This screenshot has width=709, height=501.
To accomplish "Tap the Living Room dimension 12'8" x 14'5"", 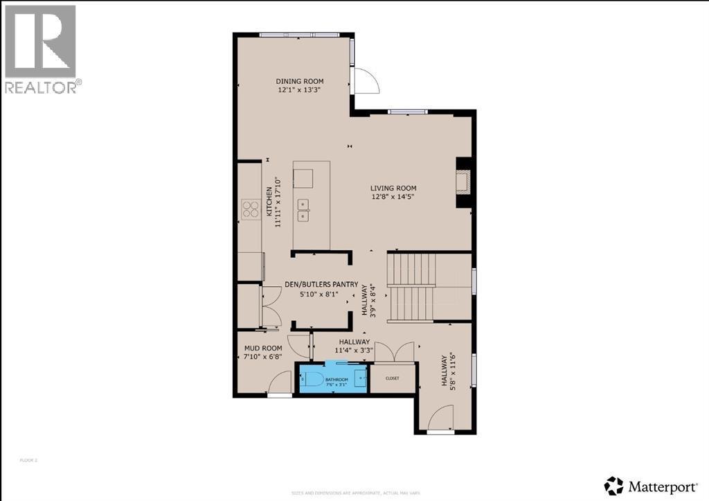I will click(x=393, y=197).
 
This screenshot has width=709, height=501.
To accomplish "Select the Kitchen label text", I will click(x=271, y=202).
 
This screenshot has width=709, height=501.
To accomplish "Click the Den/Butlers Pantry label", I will click(x=321, y=284).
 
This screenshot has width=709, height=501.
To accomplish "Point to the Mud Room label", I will click(x=262, y=348).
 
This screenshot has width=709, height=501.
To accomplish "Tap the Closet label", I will click(x=393, y=378).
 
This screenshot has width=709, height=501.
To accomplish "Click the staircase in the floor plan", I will click(x=413, y=287).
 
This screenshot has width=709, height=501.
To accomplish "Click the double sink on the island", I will click(x=303, y=209).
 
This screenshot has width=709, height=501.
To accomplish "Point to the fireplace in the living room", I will click(x=464, y=182).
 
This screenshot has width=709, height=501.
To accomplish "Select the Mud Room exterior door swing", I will click(x=280, y=383).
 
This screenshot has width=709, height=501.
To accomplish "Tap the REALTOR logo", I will click(x=41, y=49).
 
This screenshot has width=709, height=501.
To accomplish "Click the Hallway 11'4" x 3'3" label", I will click(x=355, y=346).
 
